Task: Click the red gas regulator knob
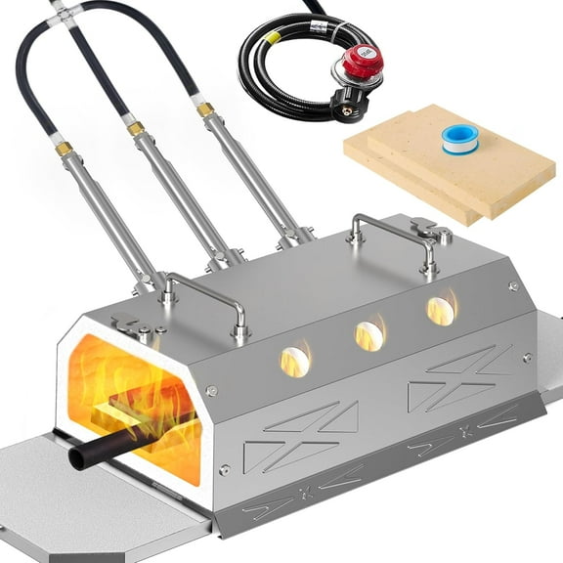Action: (363, 61)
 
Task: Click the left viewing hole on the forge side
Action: (295, 361)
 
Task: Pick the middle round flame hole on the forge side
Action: (368, 335)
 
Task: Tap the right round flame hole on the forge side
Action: (440, 311)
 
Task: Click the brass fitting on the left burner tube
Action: (63, 150)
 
